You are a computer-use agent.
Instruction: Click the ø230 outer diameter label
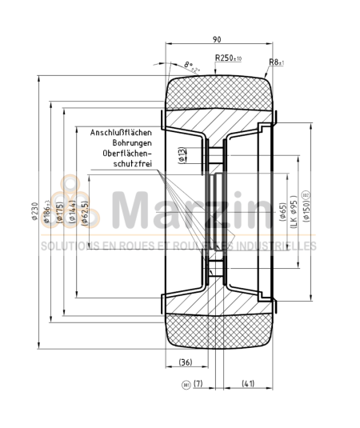[34, 211]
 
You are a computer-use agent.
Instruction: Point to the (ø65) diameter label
[283, 211]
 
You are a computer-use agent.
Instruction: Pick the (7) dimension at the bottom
[198, 383]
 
